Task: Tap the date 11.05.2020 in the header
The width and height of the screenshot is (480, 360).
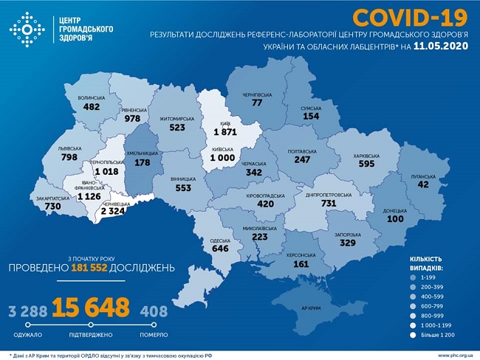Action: coord(440,46)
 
